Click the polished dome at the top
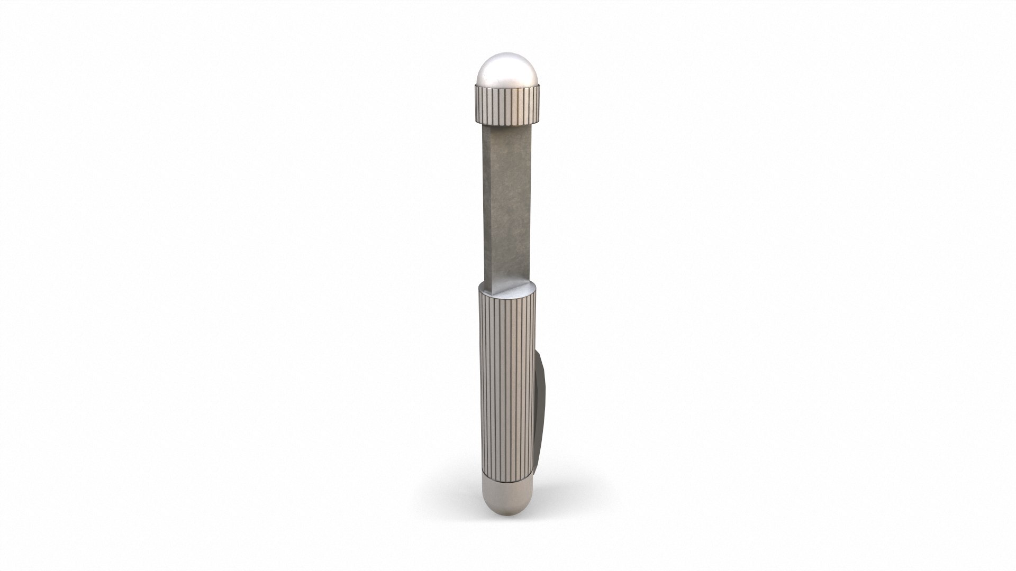click(507, 71)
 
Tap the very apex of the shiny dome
click(507, 54)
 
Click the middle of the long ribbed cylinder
click(506, 381)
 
